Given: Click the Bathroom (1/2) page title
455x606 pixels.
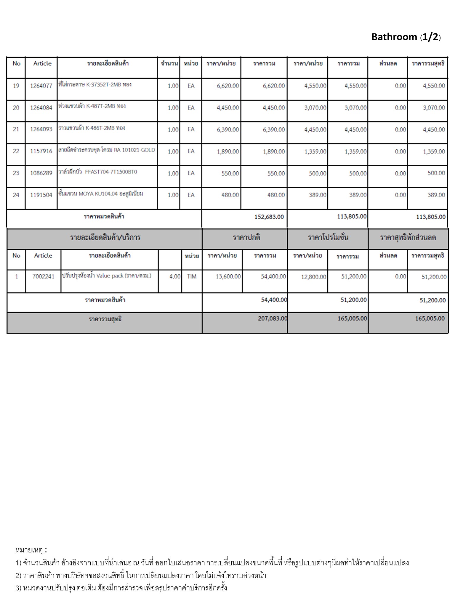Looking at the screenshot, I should [x=406, y=37].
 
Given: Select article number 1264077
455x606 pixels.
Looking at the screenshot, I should [x=41, y=86].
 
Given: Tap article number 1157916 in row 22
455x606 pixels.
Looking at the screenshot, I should [x=41, y=151].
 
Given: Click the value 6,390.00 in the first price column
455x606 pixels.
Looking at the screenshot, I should [x=228, y=130].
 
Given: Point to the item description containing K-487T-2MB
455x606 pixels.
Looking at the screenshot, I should [x=92, y=106].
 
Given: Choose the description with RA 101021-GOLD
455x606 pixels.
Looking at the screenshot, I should [x=107, y=150].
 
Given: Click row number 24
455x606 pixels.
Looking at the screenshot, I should [x=16, y=195].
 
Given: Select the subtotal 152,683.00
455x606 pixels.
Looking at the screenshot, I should [x=269, y=217].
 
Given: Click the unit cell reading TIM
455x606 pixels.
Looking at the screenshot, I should [x=192, y=276].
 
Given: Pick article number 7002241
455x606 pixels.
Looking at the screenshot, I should [x=43, y=276].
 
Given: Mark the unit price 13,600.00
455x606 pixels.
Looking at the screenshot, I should [x=228, y=276].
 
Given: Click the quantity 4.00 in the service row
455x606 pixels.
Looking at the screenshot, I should [x=175, y=276].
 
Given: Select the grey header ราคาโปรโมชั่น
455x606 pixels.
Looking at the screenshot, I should [x=328, y=237].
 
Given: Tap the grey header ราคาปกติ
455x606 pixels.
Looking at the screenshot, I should [x=246, y=237].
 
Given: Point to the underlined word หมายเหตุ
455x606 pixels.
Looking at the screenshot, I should [x=29, y=550].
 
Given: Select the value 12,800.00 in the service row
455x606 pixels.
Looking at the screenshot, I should [x=313, y=277].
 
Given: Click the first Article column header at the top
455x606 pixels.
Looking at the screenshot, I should [x=42, y=63].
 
